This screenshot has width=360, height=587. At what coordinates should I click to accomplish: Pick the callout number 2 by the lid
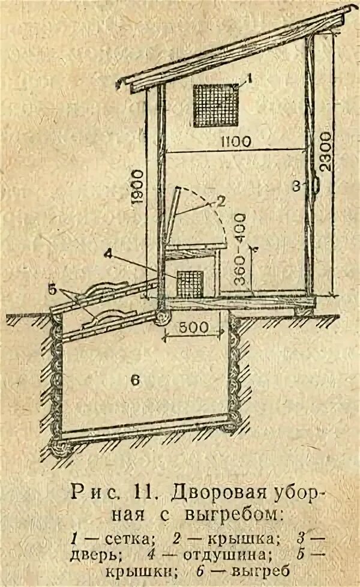pos(220,202)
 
